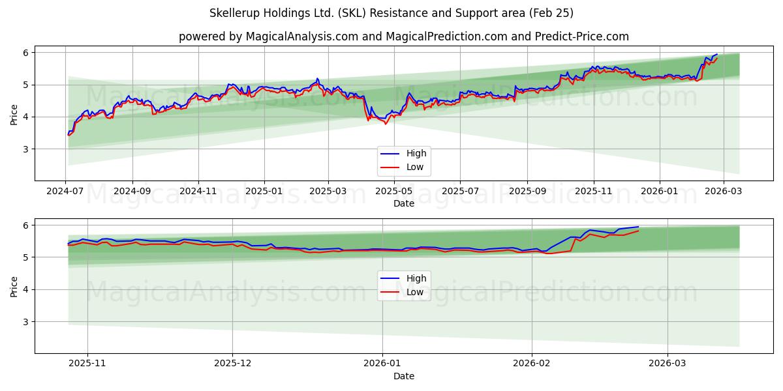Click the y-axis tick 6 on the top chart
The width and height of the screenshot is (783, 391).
(x=26, y=53)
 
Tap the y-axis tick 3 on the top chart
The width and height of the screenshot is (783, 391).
(x=26, y=149)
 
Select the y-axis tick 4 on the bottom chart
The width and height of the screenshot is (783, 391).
(x=26, y=289)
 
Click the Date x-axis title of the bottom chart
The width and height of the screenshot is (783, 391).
(x=404, y=376)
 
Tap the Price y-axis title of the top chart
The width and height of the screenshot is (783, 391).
(x=14, y=114)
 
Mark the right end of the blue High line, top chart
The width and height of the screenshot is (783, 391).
(x=717, y=54)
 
